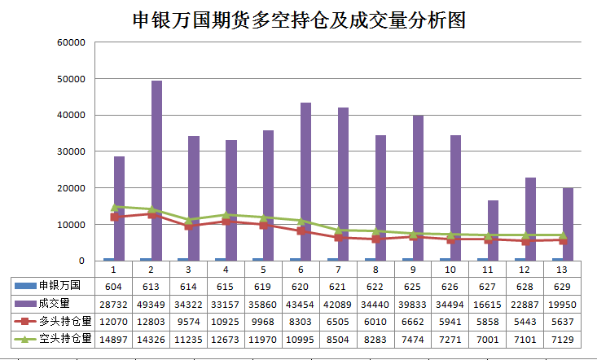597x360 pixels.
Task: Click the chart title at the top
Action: point(298,20)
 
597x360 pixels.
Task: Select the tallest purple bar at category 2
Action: point(156,171)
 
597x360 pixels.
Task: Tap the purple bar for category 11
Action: point(493,230)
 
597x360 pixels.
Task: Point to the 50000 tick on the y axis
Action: point(71,79)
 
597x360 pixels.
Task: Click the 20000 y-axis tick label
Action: point(71,187)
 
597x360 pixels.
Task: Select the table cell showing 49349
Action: point(151,302)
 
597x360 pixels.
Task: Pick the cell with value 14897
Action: point(113,337)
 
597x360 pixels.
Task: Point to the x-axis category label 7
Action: point(338,269)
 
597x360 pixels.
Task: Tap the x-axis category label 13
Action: point(563,269)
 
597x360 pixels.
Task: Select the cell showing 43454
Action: point(301,302)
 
